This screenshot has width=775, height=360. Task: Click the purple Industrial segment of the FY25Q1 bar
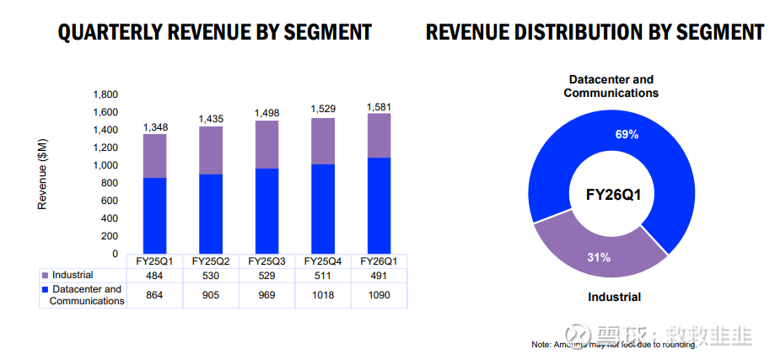point(154,156)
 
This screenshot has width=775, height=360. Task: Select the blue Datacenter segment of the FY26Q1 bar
point(379,205)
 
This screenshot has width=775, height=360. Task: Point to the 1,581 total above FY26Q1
point(379,107)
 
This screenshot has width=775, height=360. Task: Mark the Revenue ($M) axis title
point(43,173)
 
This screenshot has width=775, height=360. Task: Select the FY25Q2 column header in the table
point(211,261)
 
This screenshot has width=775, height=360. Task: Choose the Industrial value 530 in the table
point(211,275)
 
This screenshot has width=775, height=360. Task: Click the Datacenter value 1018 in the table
point(323,295)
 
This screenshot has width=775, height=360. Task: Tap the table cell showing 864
point(155,295)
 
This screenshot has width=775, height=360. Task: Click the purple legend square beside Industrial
point(45,276)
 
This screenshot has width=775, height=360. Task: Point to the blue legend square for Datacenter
point(45,289)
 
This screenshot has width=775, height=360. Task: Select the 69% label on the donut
point(627,134)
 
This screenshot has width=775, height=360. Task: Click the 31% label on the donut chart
point(600,256)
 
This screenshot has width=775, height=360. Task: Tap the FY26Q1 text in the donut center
point(613,195)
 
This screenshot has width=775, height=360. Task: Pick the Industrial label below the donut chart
point(613,297)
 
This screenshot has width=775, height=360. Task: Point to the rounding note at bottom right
point(614,344)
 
